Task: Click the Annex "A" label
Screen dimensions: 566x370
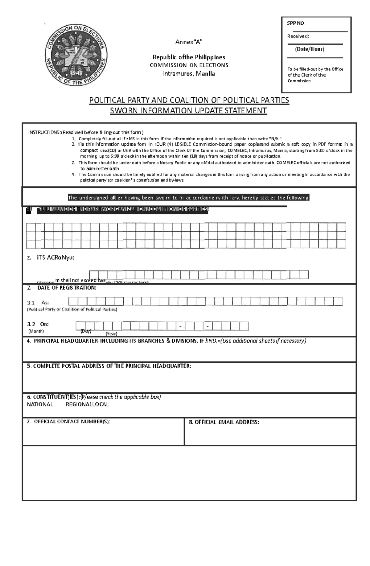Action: [189, 42]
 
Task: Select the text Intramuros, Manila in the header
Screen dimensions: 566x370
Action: [189, 74]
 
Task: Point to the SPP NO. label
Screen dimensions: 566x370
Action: [296, 23]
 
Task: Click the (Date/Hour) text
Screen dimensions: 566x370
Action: [310, 49]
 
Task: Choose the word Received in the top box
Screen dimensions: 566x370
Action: [298, 36]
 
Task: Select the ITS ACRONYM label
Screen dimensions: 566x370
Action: [55, 258]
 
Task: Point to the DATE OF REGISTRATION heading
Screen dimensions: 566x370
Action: [67, 288]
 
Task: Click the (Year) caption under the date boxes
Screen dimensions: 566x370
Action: [111, 333]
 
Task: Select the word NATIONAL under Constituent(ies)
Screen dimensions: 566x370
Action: [40, 404]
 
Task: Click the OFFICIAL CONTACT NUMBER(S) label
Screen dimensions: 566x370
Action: [72, 422]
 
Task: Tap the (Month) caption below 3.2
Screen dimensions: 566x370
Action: [36, 331]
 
